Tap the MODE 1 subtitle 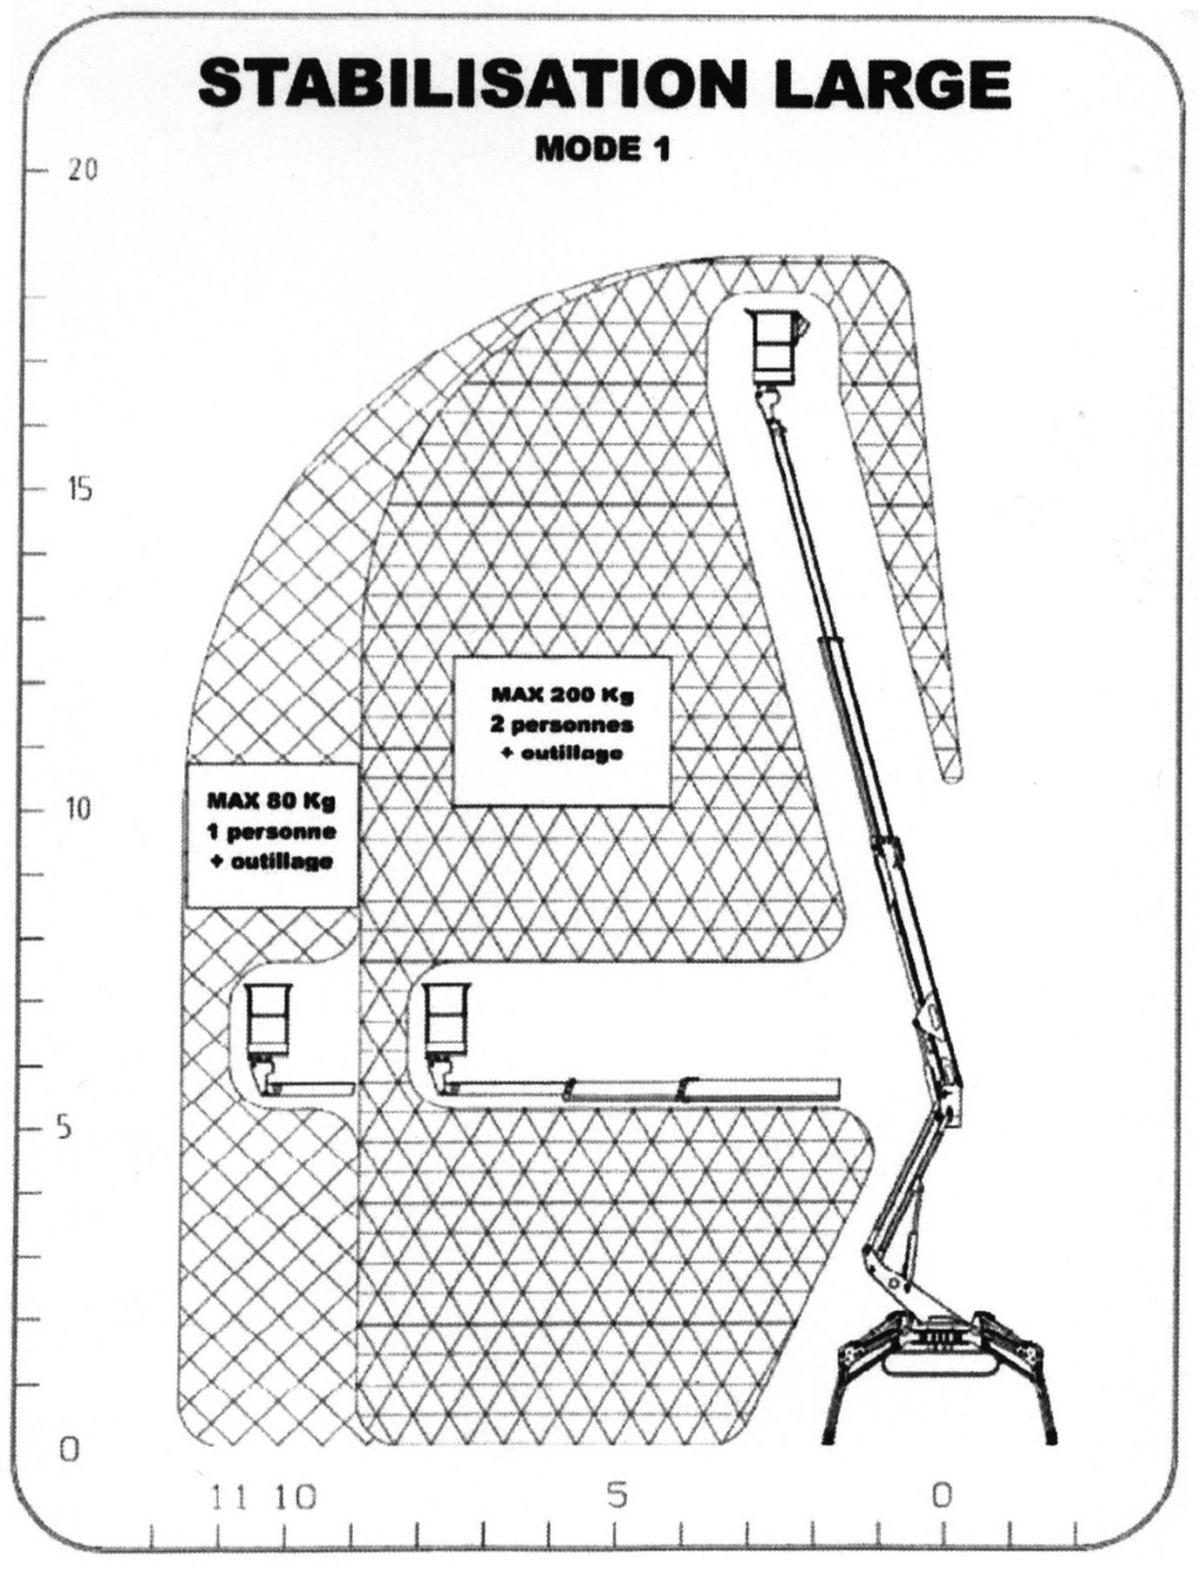coord(603,148)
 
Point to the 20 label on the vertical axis coord(82,169)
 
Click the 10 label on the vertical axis coord(78,809)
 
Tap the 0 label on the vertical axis coord(69,1450)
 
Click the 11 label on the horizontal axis coord(229,1497)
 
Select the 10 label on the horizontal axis coord(296,1497)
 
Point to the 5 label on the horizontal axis coord(617,1496)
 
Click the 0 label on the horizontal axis coord(942,1496)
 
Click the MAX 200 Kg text coord(562,695)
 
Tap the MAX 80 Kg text coord(270,800)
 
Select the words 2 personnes coord(562,724)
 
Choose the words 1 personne coord(270,830)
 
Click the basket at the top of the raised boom coord(775,347)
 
